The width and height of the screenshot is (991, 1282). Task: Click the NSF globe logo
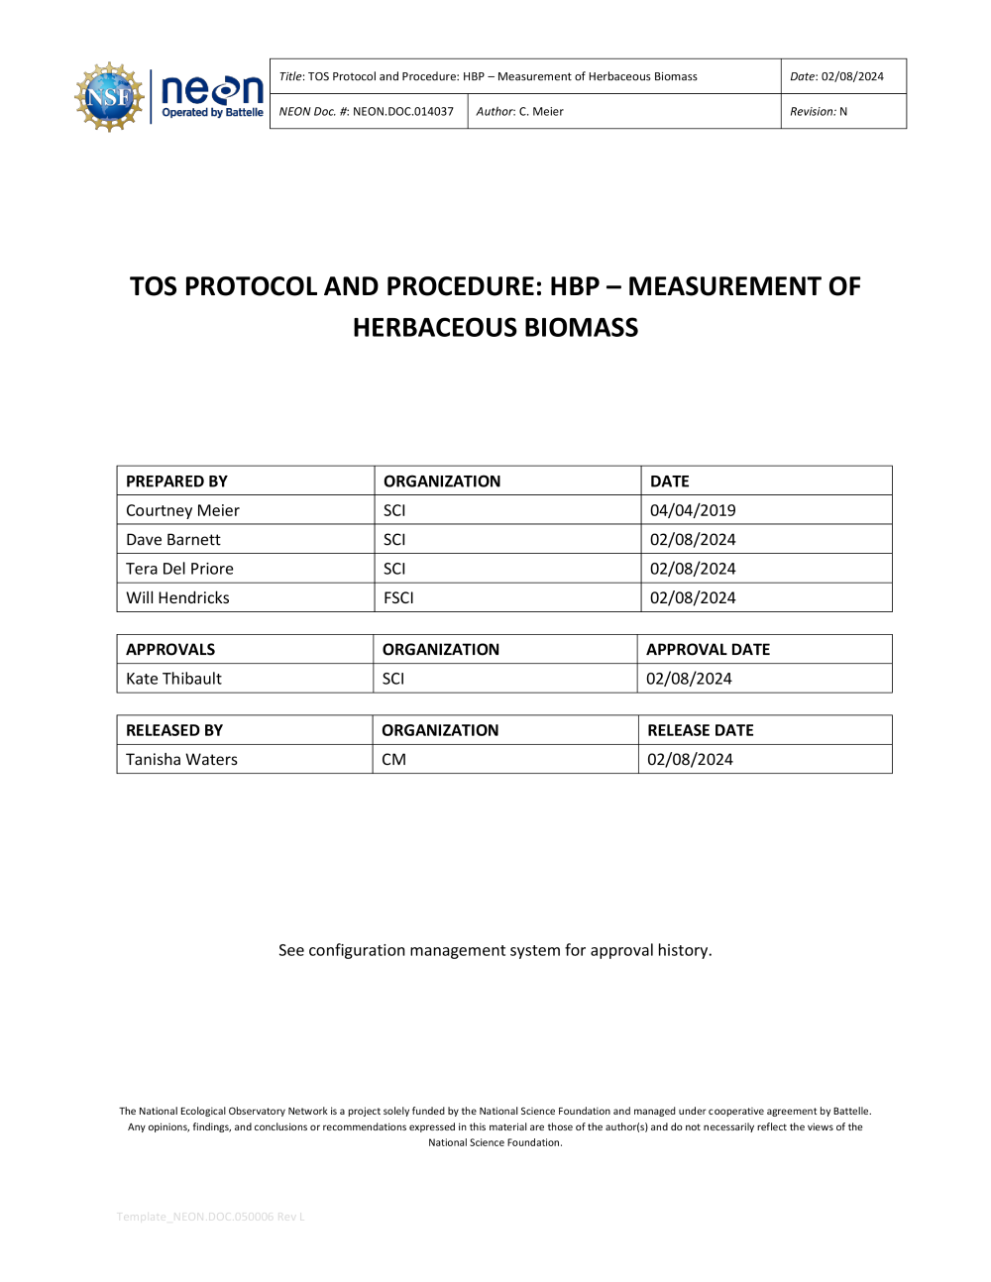[x=109, y=96]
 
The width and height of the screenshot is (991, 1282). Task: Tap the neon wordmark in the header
[x=212, y=90]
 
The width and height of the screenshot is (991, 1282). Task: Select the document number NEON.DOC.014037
[x=402, y=112]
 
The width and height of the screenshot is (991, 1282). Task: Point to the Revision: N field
[x=818, y=112]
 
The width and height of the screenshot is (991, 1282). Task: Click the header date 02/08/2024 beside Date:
[x=852, y=76]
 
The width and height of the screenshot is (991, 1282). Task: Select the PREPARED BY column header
[x=176, y=481]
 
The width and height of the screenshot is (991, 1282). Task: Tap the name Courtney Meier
[x=182, y=510]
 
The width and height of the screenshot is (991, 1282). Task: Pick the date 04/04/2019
[x=693, y=510]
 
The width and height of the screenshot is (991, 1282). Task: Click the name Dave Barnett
[x=173, y=540]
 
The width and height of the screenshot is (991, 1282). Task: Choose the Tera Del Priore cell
[x=179, y=569]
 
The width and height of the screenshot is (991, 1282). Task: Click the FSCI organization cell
[x=398, y=598]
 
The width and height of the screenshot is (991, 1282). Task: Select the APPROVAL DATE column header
[x=708, y=650]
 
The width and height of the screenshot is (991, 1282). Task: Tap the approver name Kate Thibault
[x=173, y=679]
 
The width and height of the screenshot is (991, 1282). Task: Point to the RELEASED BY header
[x=174, y=730]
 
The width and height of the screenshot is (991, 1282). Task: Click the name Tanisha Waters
[x=181, y=760]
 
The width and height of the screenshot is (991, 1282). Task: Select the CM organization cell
[x=393, y=760]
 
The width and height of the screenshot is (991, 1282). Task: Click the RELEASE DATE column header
[x=700, y=730]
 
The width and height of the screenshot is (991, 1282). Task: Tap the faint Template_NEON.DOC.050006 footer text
[x=210, y=1217]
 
